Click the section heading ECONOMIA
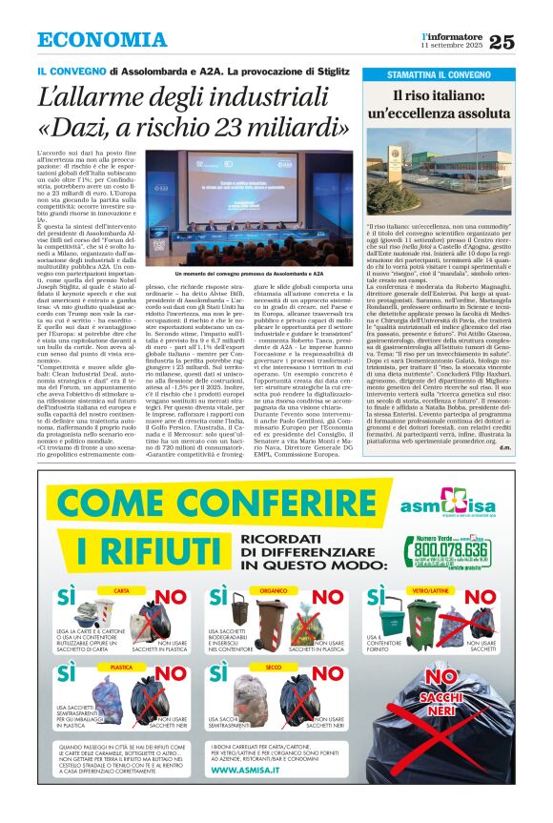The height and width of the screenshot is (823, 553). (102, 40)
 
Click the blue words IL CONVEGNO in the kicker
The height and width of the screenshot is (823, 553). (71, 72)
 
